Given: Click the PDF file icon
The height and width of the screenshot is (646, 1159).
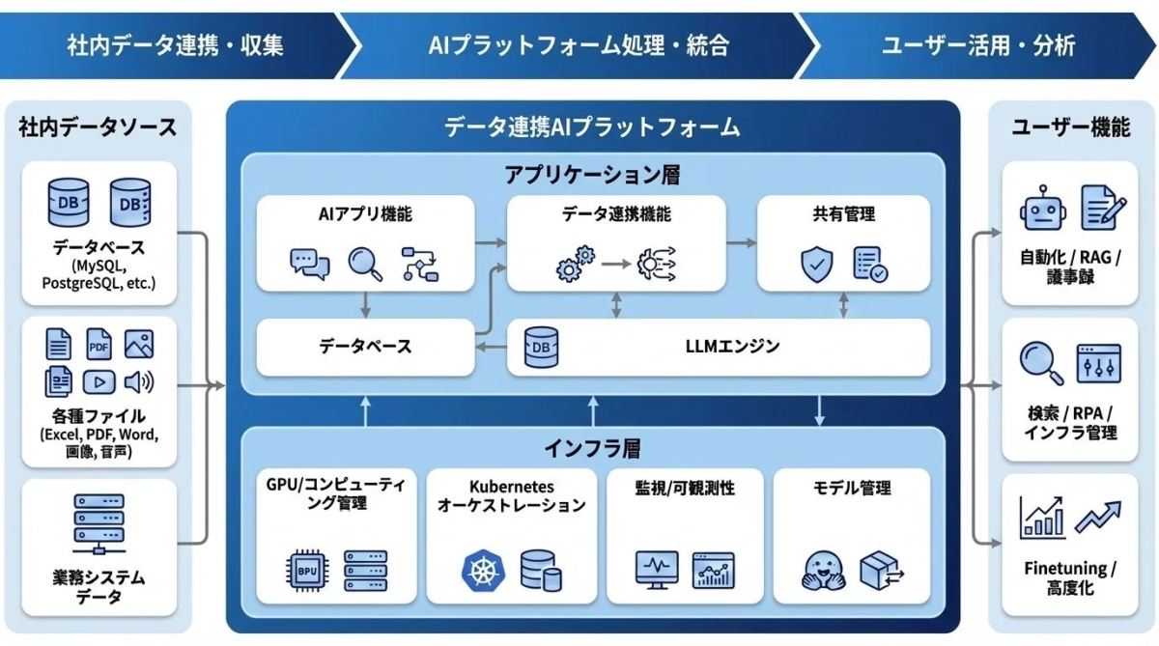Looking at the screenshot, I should point(99,345).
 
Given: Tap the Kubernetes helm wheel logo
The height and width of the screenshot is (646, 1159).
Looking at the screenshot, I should point(480,570).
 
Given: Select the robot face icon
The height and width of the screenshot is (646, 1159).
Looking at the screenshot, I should point(1041,209).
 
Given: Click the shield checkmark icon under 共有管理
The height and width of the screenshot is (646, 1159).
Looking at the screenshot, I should point(817,264).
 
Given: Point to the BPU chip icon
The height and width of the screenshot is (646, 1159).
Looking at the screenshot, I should point(306,570).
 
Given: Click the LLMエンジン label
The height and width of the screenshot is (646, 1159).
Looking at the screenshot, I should point(731,346).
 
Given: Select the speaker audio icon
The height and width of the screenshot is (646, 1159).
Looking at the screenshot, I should point(138,382).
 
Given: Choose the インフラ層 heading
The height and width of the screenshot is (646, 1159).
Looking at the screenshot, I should point(592,448).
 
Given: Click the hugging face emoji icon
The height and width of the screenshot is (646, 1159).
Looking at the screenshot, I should point(824,570).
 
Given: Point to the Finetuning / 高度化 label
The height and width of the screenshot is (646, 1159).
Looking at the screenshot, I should point(1069,577).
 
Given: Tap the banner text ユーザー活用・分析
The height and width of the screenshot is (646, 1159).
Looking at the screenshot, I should point(977,45).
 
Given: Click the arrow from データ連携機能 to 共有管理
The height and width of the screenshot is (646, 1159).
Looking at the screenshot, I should point(741,242).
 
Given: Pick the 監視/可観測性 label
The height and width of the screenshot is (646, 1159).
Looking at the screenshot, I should point(685,489).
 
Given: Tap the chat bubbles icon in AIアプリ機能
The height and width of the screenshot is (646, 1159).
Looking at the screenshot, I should point(309,264).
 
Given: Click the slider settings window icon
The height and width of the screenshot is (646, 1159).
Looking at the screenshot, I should point(1098,364).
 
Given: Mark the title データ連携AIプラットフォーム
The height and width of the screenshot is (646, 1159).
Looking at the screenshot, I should point(592,126).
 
